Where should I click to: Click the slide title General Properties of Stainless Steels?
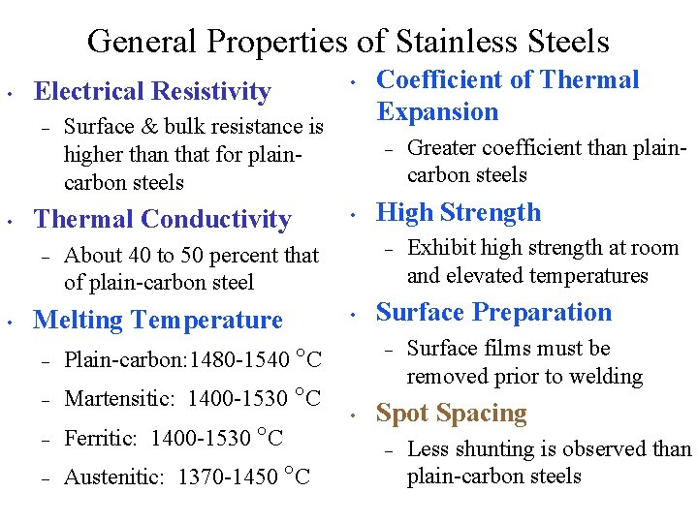[x=348, y=42]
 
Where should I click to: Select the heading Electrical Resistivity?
[x=152, y=91]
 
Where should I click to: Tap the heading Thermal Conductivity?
[x=162, y=220]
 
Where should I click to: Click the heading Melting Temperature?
[x=158, y=320]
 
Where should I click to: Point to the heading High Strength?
[x=459, y=212]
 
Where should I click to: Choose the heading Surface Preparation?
[x=493, y=312]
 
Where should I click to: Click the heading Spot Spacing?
[x=451, y=413]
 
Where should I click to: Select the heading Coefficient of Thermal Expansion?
[x=507, y=95]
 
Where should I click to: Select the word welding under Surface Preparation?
[x=605, y=377]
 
